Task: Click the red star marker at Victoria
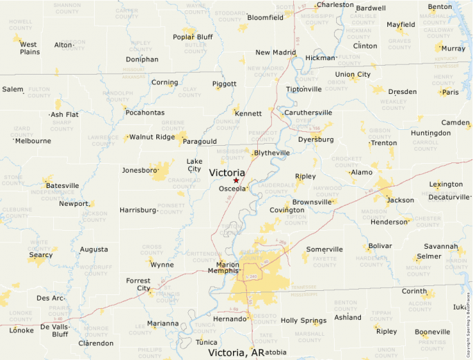[x=236, y=180]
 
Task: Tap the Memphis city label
[x=223, y=271]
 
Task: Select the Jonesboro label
[x=136, y=170]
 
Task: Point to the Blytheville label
[x=272, y=153]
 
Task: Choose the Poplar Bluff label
[x=193, y=37]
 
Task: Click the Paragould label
[x=200, y=142]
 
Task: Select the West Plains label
[x=29, y=48]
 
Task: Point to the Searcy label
[x=41, y=255]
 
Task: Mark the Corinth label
[x=414, y=292]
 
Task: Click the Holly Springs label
[x=303, y=321]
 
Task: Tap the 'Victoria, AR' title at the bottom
[x=236, y=352]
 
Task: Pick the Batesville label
[x=62, y=186]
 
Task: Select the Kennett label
[x=248, y=113]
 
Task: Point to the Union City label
[x=353, y=75]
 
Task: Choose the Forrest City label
[x=138, y=285]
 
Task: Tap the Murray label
[x=453, y=48]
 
